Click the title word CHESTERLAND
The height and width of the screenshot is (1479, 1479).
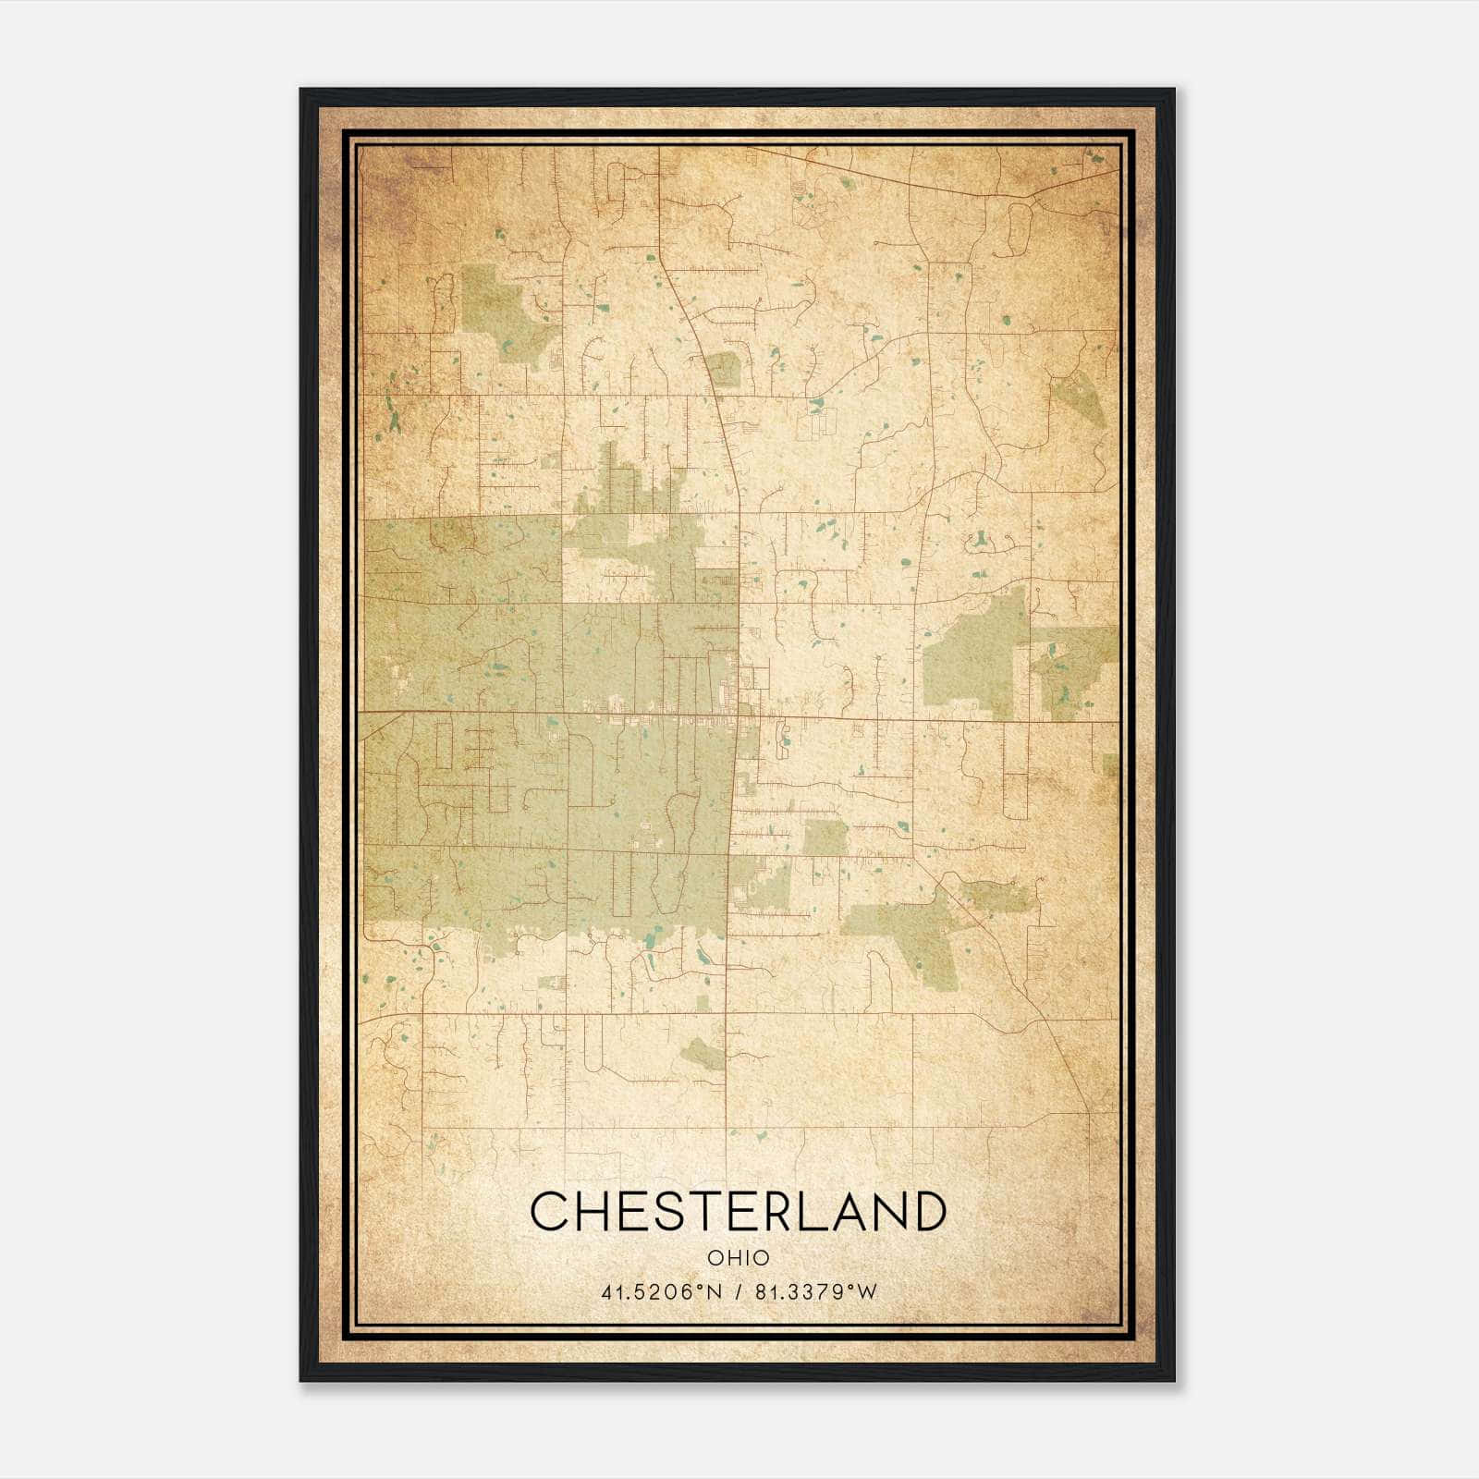pyautogui.click(x=739, y=1211)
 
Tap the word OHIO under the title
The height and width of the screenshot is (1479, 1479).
pyautogui.click(x=739, y=1258)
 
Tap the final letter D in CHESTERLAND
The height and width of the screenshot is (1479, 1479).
pyautogui.click(x=927, y=1211)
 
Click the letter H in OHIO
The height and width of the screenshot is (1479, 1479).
pyautogui.click(x=731, y=1258)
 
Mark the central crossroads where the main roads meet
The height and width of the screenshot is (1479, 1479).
pyautogui.click(x=739, y=715)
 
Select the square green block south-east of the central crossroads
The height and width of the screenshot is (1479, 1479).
pyautogui.click(x=825, y=837)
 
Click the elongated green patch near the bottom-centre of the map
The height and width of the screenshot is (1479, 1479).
pyautogui.click(x=704, y=1053)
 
